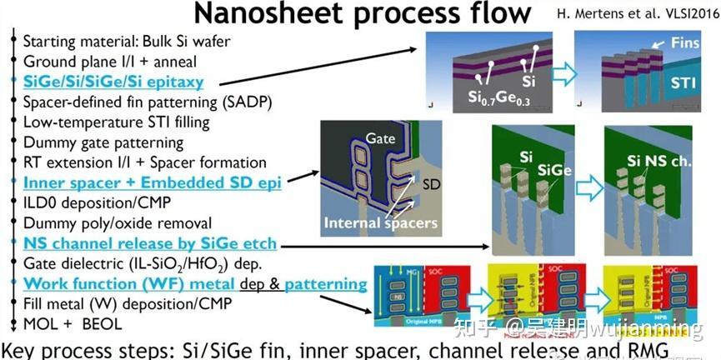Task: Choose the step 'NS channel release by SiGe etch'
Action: pos(150,244)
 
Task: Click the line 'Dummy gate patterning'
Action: pos(103,142)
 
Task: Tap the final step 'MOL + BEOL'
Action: pos(73,324)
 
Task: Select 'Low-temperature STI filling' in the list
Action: pos(117,122)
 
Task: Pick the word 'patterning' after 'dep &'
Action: pos(326,284)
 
